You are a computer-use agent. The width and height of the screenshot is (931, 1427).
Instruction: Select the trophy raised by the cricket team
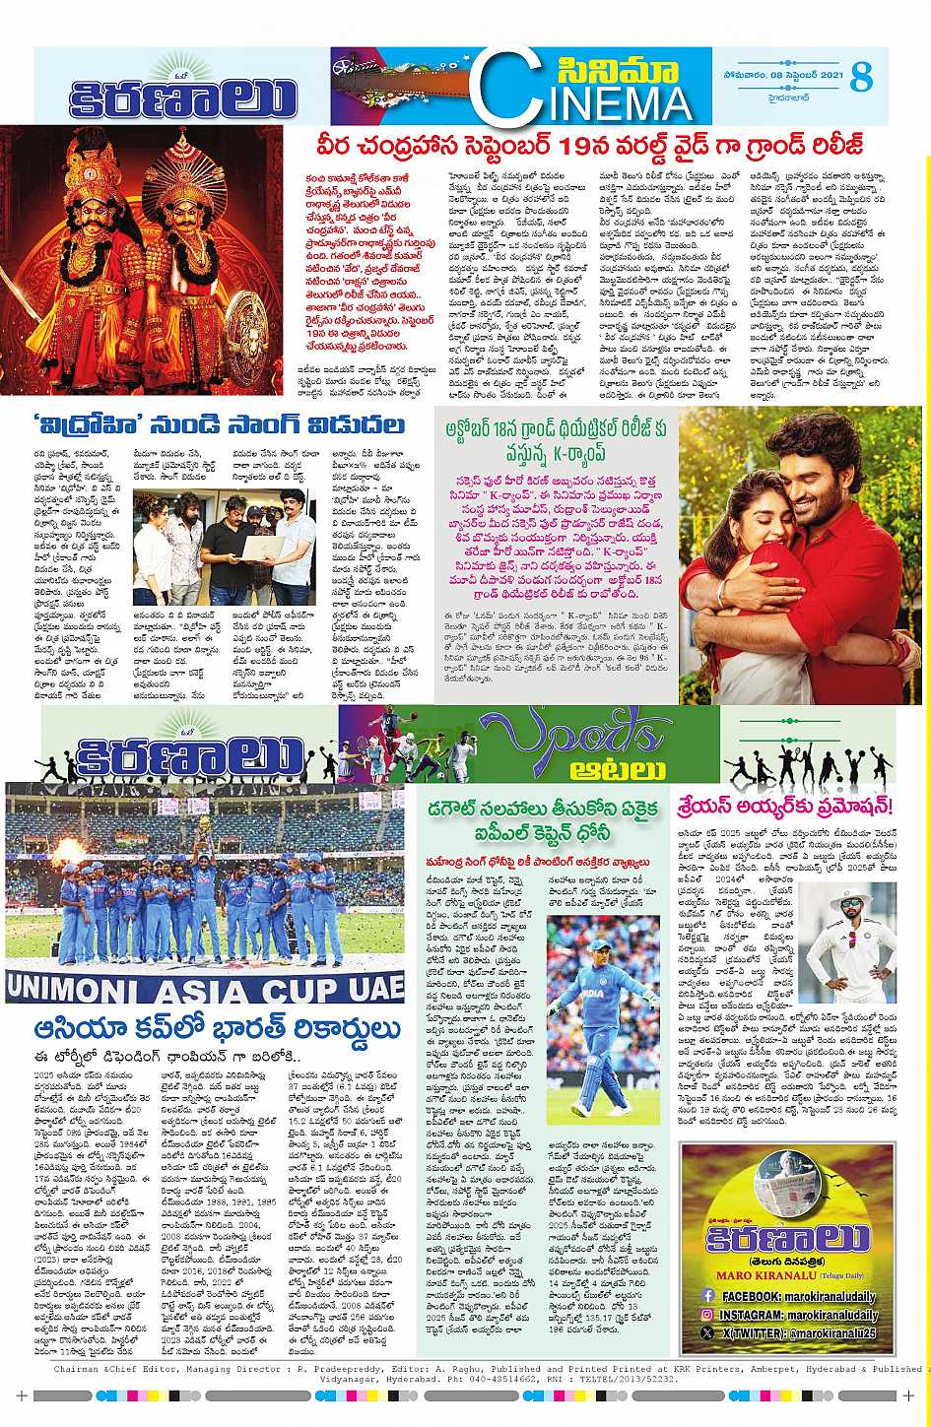(204, 831)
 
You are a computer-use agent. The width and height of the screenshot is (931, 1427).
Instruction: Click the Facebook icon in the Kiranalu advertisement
(707, 1296)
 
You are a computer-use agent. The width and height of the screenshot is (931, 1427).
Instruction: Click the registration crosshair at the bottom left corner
(21, 1395)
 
